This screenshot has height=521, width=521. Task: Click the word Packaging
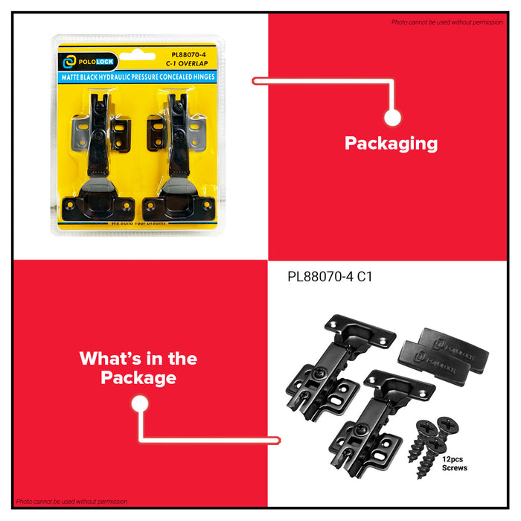(x=391, y=144)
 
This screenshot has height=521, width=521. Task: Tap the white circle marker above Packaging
(x=392, y=117)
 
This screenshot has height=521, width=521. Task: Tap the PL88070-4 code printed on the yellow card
(x=188, y=54)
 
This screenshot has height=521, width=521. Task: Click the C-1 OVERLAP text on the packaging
(x=188, y=64)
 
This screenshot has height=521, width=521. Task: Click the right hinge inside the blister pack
(x=179, y=156)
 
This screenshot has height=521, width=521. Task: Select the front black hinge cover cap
(x=439, y=357)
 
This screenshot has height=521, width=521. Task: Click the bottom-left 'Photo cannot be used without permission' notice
(x=71, y=502)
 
